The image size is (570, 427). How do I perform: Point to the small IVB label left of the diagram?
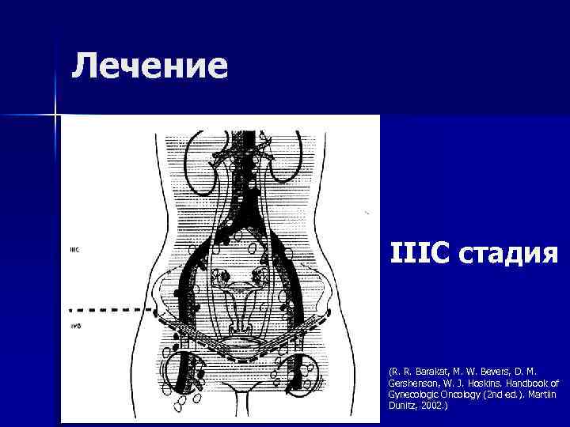click(x=74, y=326)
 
